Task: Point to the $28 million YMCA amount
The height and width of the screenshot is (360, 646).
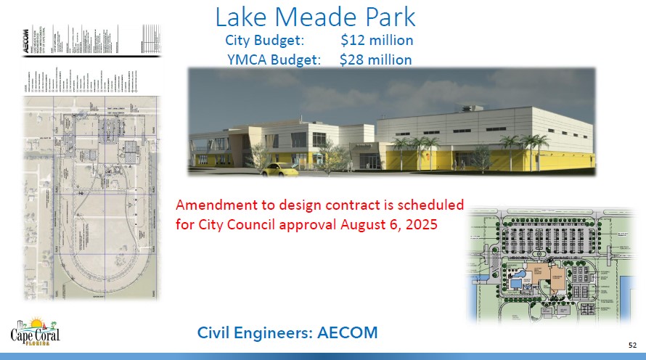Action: pos(376,60)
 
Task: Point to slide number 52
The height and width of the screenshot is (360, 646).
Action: pos(631,344)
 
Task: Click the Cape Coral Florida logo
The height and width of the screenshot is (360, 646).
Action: pos(34,332)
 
